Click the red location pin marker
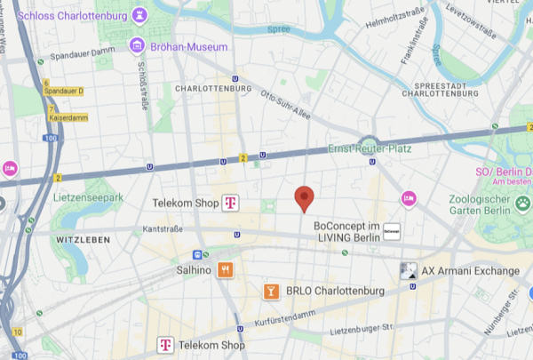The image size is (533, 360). (x=305, y=198)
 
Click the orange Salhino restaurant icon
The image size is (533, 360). (x=227, y=268)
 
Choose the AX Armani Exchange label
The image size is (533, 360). (x=470, y=270)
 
